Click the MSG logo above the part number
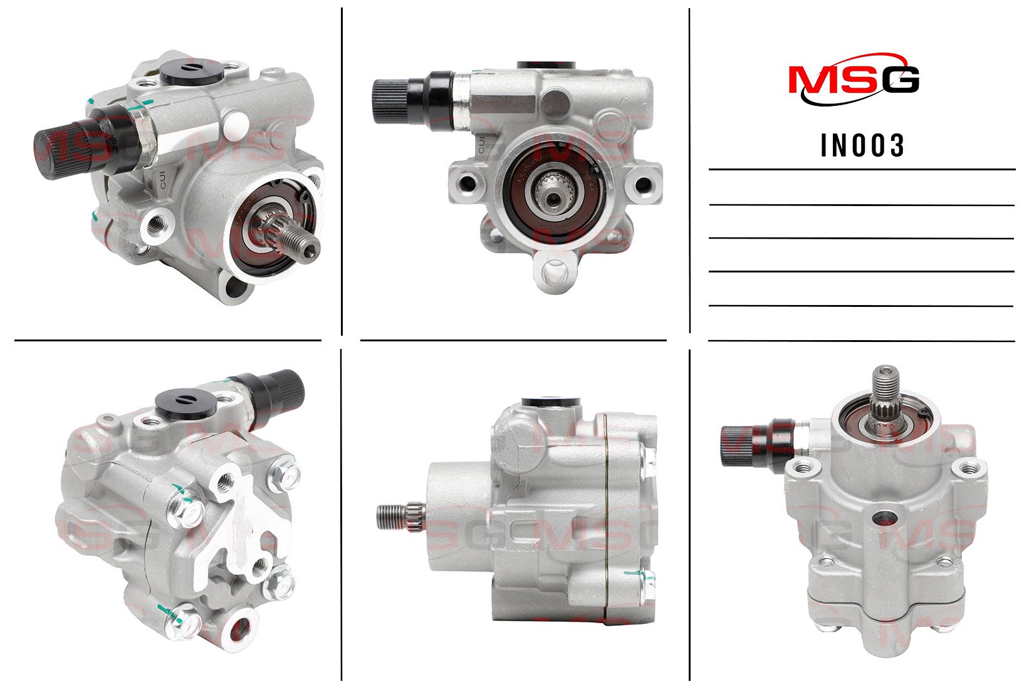[854, 80]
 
